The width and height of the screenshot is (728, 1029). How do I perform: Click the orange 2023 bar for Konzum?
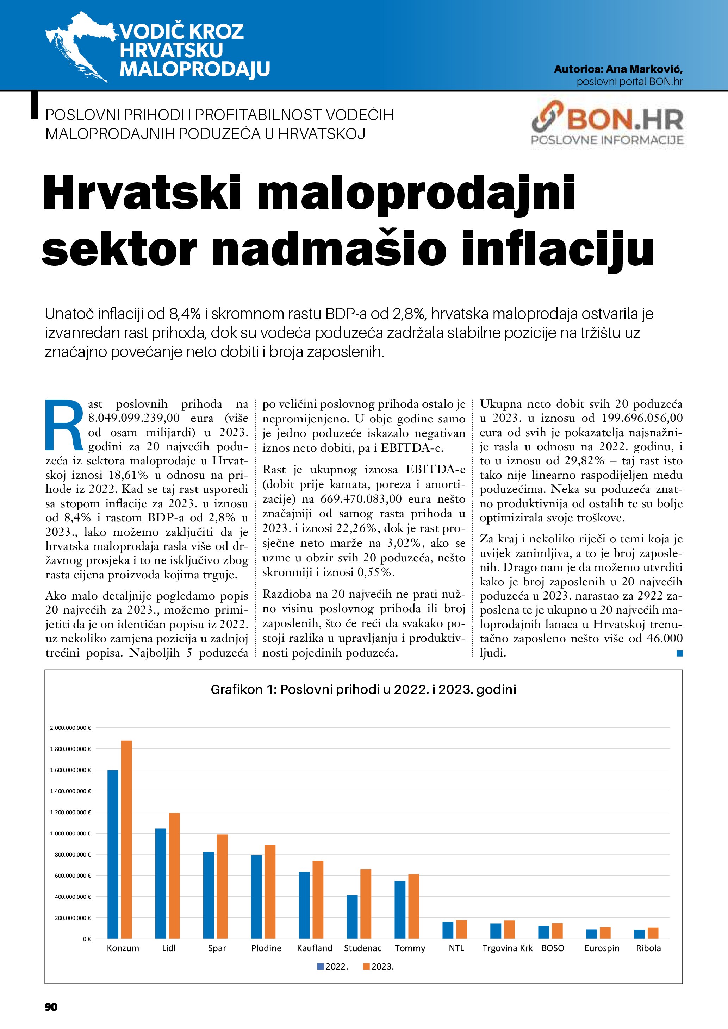[126, 839]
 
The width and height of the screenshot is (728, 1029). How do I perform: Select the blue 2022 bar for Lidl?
[161, 883]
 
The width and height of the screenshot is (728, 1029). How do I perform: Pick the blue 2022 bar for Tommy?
[400, 910]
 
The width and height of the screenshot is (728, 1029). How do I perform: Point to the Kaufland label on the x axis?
[315, 948]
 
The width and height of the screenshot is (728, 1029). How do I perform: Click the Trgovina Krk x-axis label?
[508, 948]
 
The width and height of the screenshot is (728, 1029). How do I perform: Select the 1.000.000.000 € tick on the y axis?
[70, 834]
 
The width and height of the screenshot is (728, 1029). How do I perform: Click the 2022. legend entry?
[333, 967]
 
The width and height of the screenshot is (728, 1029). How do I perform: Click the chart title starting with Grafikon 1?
[363, 689]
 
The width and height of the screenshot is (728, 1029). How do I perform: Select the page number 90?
[51, 1007]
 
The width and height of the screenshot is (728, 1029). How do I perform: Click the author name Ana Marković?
[644, 69]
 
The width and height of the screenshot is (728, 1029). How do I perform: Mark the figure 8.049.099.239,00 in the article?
[133, 418]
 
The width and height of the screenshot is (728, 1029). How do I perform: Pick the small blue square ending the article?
[680, 654]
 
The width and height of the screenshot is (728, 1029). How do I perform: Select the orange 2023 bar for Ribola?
[653, 933]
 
